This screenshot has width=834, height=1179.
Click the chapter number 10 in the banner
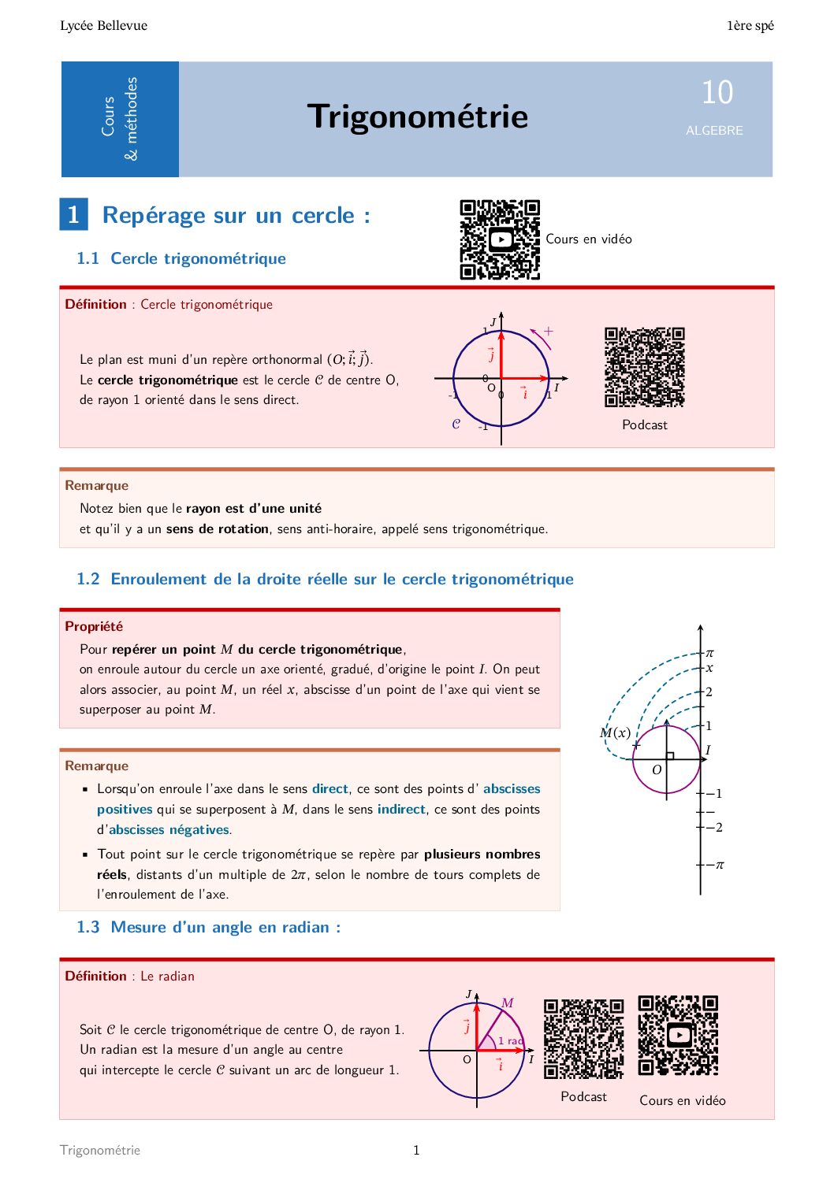coord(717,93)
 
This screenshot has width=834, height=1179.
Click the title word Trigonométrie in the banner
coord(417,117)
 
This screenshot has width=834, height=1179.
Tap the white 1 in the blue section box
coord(73,214)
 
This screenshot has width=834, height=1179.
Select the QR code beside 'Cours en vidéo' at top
coord(500,239)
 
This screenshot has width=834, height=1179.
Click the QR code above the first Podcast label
coord(644,367)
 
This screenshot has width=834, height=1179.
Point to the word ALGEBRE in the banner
coord(714,131)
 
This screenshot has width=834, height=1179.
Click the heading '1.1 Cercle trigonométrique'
coord(181,258)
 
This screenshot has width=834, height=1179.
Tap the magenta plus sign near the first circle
coord(549,332)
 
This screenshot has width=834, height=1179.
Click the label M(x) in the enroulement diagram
coord(615,733)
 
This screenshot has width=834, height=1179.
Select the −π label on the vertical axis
coord(715,865)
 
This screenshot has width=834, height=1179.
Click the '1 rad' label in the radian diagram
coord(510,1041)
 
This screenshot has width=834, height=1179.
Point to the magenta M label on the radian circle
coord(508,1003)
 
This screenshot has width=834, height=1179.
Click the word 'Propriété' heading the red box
coord(94,627)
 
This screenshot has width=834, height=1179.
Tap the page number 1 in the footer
coord(416,1151)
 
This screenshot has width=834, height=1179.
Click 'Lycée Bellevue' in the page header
coord(103,26)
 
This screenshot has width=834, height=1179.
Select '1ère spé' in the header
coord(750,26)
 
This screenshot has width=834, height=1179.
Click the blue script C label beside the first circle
coord(456,424)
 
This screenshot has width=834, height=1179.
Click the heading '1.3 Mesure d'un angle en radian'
coord(209,928)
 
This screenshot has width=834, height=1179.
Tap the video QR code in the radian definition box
coord(678,1036)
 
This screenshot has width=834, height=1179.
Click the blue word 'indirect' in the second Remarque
coord(401,810)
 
